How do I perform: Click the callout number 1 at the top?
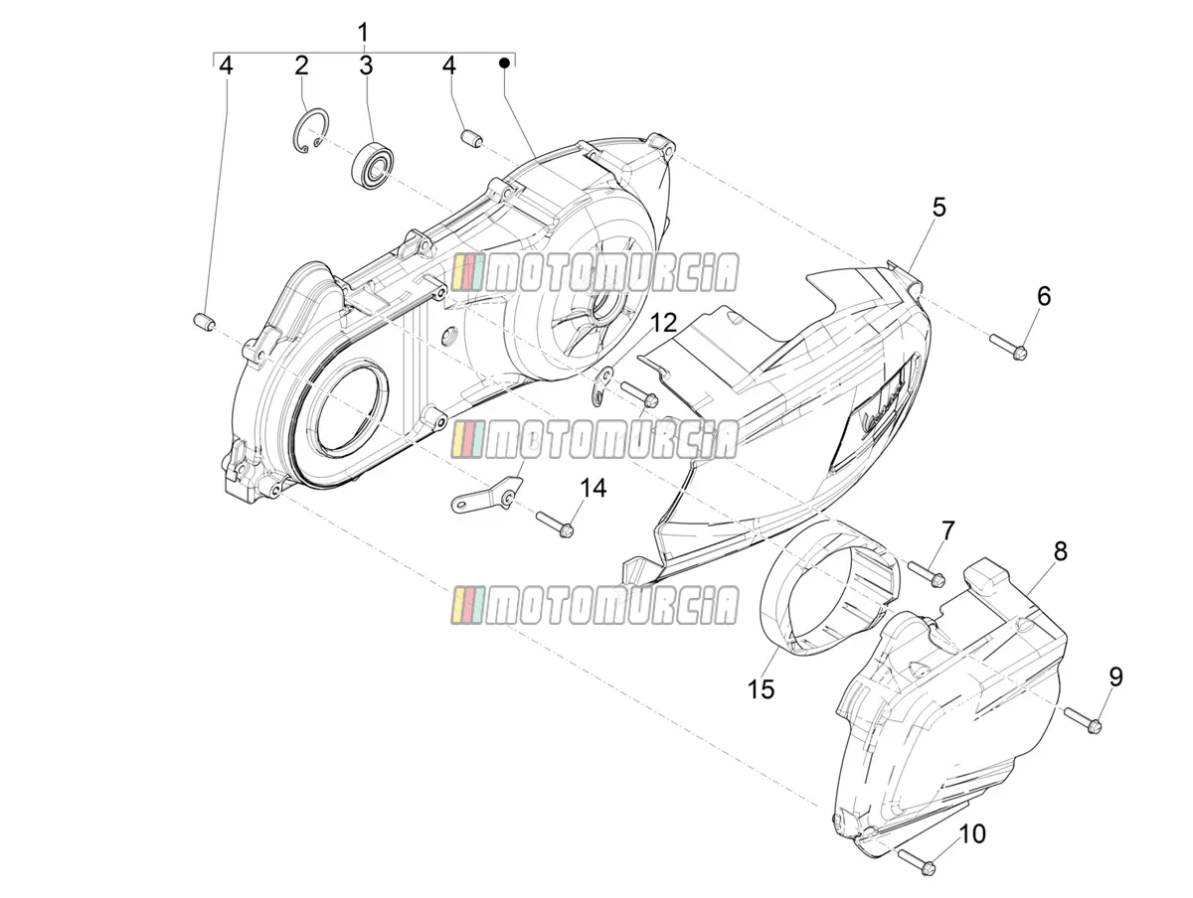363,33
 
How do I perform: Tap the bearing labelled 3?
371,165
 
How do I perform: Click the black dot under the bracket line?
504,63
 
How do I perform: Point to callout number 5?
938,208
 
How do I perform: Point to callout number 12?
663,324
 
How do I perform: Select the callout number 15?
761,689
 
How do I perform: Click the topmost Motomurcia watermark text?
611,272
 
